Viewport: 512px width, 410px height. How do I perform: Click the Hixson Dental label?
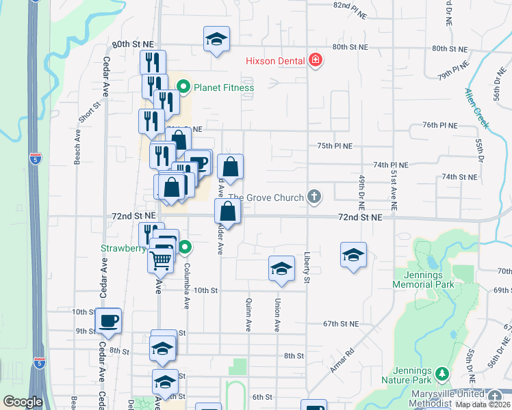tap(275, 61)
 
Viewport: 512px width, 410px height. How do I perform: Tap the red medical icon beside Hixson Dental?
tap(316, 61)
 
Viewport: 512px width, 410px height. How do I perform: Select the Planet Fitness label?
tap(223, 87)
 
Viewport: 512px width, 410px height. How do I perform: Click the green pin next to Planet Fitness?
tap(183, 87)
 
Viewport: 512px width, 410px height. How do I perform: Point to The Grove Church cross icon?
tap(314, 197)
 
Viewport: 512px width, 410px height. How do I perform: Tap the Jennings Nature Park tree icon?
tap(442, 374)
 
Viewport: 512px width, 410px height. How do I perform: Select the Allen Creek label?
tap(477, 108)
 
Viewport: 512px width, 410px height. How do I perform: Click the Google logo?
tap(23, 402)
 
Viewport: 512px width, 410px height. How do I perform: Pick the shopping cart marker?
tap(160, 259)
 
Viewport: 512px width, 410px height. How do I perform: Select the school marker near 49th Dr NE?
tap(353, 255)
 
